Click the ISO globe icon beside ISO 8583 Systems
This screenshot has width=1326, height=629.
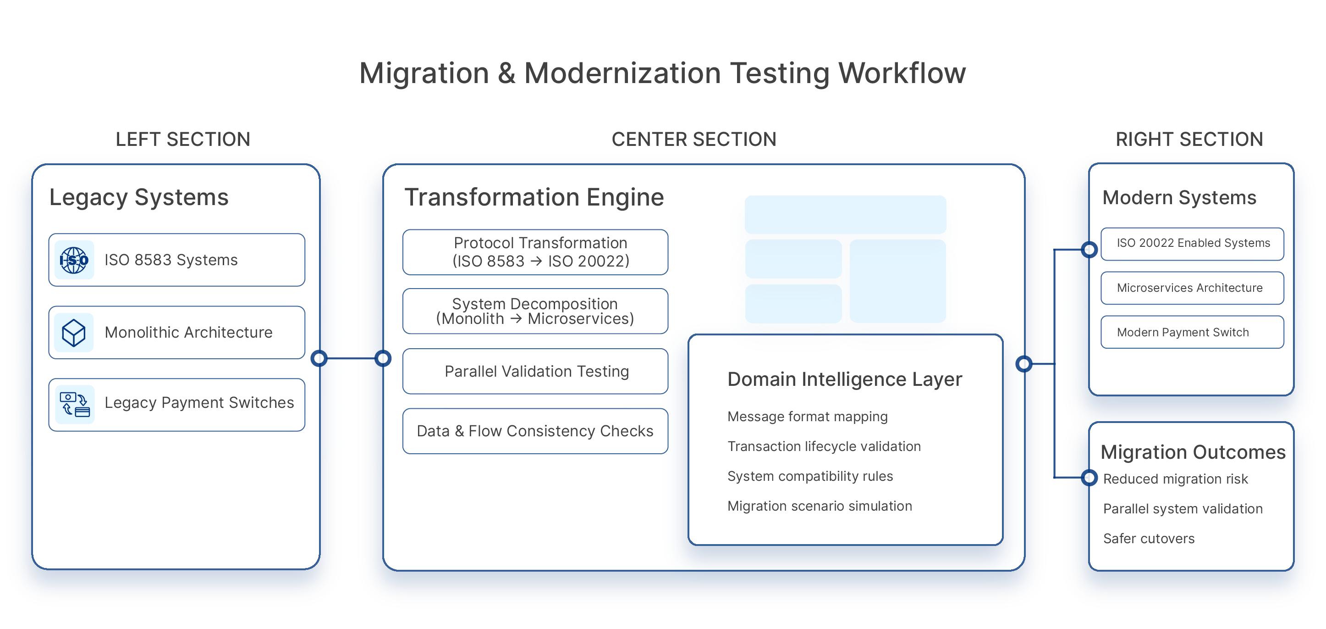pos(74,260)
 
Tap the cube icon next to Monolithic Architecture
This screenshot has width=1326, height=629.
pos(74,333)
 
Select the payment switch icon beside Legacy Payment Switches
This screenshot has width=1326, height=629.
pos(75,404)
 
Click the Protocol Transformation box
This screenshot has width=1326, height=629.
pos(535,252)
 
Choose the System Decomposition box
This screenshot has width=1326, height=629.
pos(535,311)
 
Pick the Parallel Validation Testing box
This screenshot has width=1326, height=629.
pos(535,372)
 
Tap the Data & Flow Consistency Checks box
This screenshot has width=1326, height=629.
pos(535,431)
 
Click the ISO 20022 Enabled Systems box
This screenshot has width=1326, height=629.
pos(1192,244)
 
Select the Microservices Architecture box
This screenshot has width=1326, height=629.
pos(1192,288)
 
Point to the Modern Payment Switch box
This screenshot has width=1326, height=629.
pos(1192,332)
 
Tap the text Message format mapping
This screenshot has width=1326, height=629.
pos(807,416)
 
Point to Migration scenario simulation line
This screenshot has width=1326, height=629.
pos(820,506)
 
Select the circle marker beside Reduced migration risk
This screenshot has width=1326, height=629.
pos(1090,478)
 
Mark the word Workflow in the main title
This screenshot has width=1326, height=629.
pos(902,73)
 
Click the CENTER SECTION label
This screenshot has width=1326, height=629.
pos(693,139)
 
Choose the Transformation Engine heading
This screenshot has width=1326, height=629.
pos(534,197)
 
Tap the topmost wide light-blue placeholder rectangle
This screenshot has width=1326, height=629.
pos(845,214)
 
